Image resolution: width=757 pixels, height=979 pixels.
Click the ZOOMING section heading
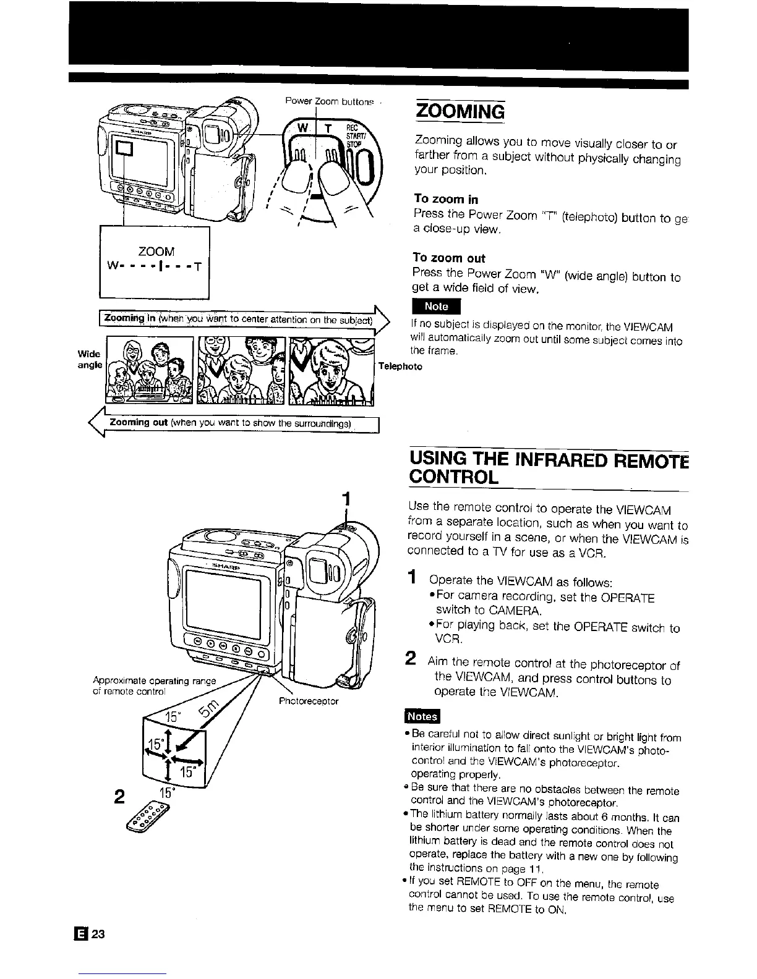click(x=460, y=112)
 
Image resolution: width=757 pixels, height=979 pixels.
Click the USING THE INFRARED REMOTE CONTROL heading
click(x=548, y=468)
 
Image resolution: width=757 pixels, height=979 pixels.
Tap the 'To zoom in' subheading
click(x=445, y=199)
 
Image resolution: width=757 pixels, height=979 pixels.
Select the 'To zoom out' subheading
click(x=449, y=258)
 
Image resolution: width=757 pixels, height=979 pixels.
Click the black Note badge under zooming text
click(x=436, y=307)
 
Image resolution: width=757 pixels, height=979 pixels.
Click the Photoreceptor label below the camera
click(x=309, y=701)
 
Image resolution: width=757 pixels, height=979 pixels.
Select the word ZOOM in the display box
click(x=156, y=252)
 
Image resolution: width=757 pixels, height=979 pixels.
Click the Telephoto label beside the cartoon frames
click(x=400, y=367)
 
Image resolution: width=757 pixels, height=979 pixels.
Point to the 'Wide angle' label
click(x=90, y=359)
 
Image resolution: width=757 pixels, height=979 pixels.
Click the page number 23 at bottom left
click(x=99, y=934)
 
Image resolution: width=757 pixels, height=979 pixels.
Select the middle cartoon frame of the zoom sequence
click(x=241, y=371)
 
